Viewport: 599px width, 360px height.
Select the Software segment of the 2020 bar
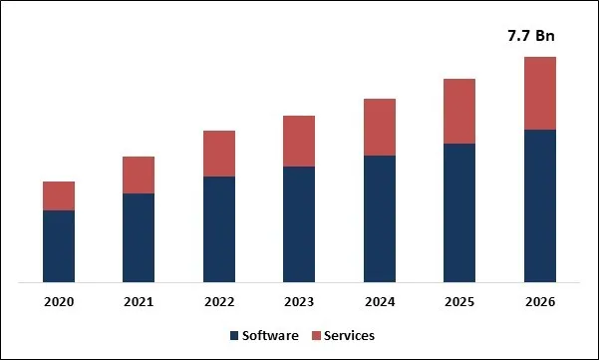tap(59, 245)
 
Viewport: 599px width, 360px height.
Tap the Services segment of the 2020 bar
tap(59, 195)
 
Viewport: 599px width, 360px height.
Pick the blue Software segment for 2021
tap(139, 237)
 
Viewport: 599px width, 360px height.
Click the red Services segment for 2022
tap(219, 154)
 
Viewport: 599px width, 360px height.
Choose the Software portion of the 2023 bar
tap(299, 223)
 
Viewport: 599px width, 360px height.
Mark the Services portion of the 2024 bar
tap(380, 127)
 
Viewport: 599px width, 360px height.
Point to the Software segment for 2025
tap(459, 212)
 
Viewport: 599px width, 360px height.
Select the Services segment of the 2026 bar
tap(539, 93)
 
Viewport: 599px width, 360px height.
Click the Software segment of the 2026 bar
tap(539, 205)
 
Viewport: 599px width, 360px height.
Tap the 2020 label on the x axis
tap(59, 301)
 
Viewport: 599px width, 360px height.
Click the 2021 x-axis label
tap(139, 301)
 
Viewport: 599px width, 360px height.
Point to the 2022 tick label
tap(219, 301)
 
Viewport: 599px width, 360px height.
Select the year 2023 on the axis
tap(299, 301)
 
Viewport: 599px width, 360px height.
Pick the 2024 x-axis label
tap(380, 301)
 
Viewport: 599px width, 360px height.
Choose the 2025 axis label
tap(459, 301)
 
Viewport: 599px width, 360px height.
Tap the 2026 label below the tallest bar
tap(539, 301)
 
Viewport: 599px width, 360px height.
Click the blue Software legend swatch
tap(234, 336)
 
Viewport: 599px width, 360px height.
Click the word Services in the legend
tap(349, 336)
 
